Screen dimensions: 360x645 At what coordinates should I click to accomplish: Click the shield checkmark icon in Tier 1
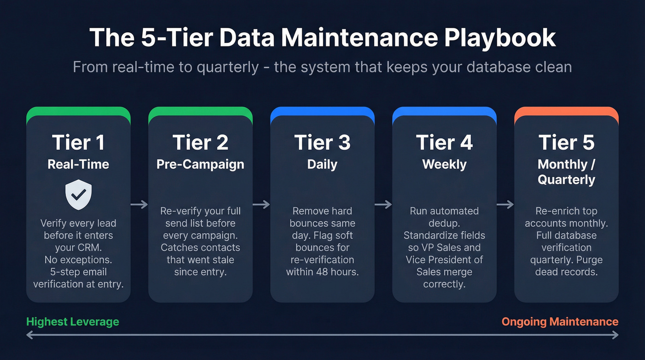pyautogui.click(x=79, y=195)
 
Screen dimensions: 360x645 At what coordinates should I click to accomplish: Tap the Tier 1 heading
pyautogui.click(x=78, y=143)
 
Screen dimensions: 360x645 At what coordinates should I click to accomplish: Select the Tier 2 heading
pyautogui.click(x=200, y=143)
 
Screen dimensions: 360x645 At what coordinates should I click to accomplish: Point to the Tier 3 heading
pyautogui.click(x=322, y=143)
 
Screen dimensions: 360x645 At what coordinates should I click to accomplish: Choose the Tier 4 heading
pyautogui.click(x=445, y=143)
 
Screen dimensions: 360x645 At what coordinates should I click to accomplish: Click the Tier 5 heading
pyautogui.click(x=566, y=143)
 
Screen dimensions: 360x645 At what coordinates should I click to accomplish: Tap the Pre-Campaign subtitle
pyautogui.click(x=200, y=165)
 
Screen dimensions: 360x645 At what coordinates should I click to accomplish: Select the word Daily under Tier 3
pyautogui.click(x=322, y=165)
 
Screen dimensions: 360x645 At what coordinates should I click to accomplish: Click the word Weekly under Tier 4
pyautogui.click(x=445, y=165)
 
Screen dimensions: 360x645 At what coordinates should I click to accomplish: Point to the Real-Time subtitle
pyautogui.click(x=78, y=165)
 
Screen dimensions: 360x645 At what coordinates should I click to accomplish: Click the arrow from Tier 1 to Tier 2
pyautogui.click(x=139, y=205)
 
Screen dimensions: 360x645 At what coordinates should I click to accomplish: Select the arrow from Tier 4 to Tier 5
pyautogui.click(x=505, y=205)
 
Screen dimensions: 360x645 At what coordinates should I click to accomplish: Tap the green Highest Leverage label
pyautogui.click(x=73, y=322)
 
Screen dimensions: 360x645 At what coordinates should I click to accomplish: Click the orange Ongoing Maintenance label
pyautogui.click(x=560, y=322)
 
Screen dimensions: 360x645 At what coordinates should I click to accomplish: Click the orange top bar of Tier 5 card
pyautogui.click(x=566, y=111)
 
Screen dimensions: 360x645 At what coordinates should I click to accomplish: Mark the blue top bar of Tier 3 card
pyautogui.click(x=322, y=111)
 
